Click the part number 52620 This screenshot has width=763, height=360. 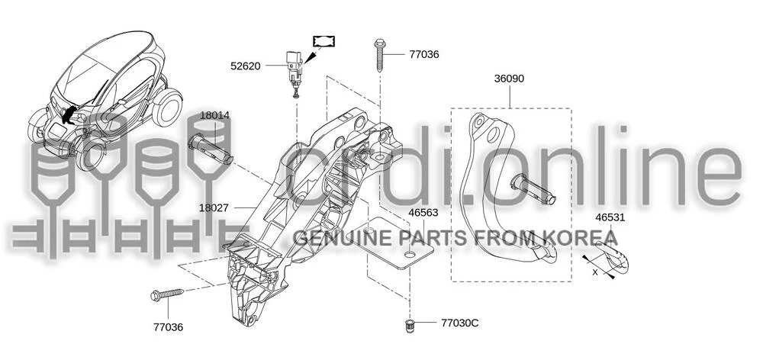[x=245, y=66]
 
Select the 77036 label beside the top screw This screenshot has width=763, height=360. [x=423, y=54]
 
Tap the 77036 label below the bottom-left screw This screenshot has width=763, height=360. [x=169, y=327]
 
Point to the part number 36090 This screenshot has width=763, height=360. [x=510, y=79]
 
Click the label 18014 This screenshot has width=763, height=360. [x=214, y=115]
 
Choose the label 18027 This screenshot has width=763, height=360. [x=214, y=207]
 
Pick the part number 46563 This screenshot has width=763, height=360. [x=423, y=213]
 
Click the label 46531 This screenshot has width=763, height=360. [x=610, y=217]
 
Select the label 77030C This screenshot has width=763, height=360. [x=460, y=323]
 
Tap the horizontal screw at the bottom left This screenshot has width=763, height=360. [x=167, y=294]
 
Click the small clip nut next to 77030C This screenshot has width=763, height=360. [x=409, y=326]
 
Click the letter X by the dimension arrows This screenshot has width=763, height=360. [x=594, y=272]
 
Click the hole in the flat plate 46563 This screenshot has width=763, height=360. [x=410, y=255]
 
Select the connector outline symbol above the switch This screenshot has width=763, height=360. [x=324, y=41]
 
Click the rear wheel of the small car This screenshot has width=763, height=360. [x=167, y=107]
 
